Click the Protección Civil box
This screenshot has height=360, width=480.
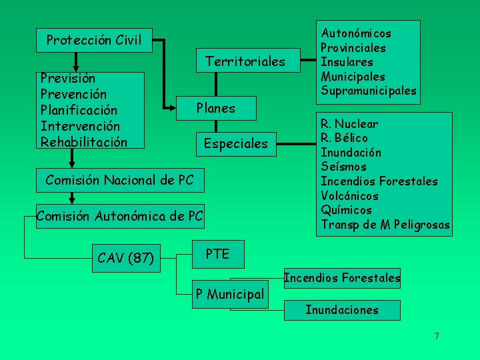click(94, 40)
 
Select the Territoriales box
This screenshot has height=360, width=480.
click(245, 61)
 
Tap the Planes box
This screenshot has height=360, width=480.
click(215, 107)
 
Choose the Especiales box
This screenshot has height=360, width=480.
click(235, 143)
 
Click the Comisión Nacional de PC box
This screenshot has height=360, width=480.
click(120, 179)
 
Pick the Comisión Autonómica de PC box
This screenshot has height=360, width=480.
click(120, 215)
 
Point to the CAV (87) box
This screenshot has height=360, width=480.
click(125, 257)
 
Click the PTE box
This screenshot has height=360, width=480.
click(217, 254)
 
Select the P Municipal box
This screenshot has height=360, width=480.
click(229, 293)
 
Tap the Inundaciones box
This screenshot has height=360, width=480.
click(342, 310)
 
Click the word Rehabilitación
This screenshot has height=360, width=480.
click(83, 142)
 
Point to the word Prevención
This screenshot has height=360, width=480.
click(73, 94)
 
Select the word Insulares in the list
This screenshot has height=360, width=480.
click(348, 62)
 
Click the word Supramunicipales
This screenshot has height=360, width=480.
click(369, 91)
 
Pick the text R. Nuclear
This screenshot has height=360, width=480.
click(349, 123)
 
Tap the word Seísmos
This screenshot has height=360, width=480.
click(343, 167)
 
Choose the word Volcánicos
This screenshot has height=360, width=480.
click(349, 196)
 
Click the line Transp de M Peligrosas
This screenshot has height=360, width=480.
click(385, 225)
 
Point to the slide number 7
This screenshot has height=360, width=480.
click(437, 336)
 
